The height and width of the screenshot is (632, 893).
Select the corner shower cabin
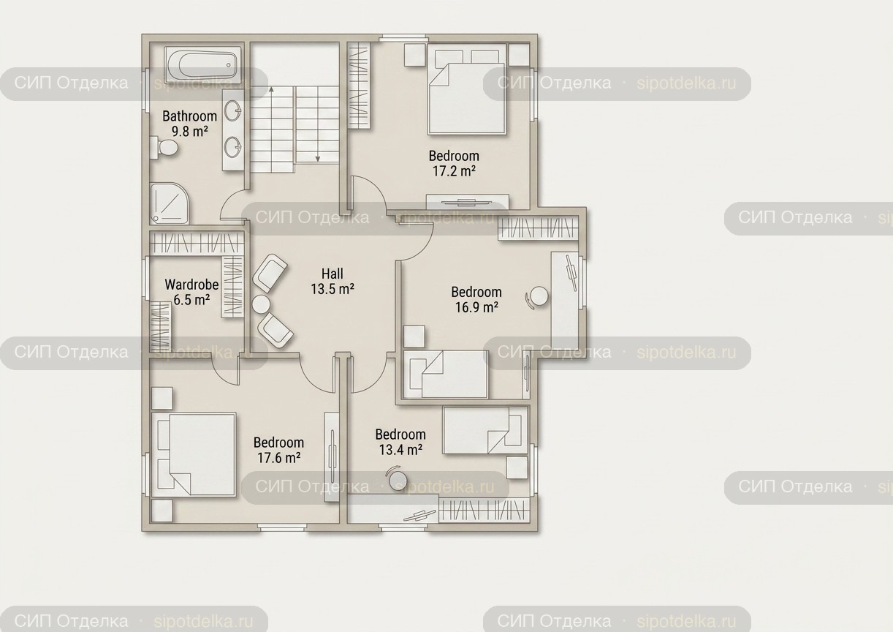coord(169,203)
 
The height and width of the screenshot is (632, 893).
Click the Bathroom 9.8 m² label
coord(190,124)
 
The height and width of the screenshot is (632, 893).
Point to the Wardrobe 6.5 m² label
coord(191,292)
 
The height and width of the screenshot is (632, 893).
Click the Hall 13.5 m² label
coord(332,281)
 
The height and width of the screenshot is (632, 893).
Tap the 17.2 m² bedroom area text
coord(454,170)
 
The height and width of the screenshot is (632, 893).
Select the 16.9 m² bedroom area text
coord(476,306)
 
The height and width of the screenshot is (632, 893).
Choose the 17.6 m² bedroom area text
coord(278,457)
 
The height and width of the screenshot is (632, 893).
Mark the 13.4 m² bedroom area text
coord(400,449)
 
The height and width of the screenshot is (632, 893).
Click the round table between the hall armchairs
coord(262,304)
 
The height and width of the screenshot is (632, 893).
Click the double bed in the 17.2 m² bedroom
coord(467,89)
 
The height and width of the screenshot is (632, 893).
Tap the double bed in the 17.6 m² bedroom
coord(194,455)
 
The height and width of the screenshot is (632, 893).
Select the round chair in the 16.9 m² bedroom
coord(537,297)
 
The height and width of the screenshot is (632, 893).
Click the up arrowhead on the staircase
coord(272,89)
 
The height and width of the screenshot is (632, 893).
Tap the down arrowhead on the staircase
coord(318,159)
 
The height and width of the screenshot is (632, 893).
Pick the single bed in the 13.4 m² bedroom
coord(485,430)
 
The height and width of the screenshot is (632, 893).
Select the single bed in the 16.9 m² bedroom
coord(446,375)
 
